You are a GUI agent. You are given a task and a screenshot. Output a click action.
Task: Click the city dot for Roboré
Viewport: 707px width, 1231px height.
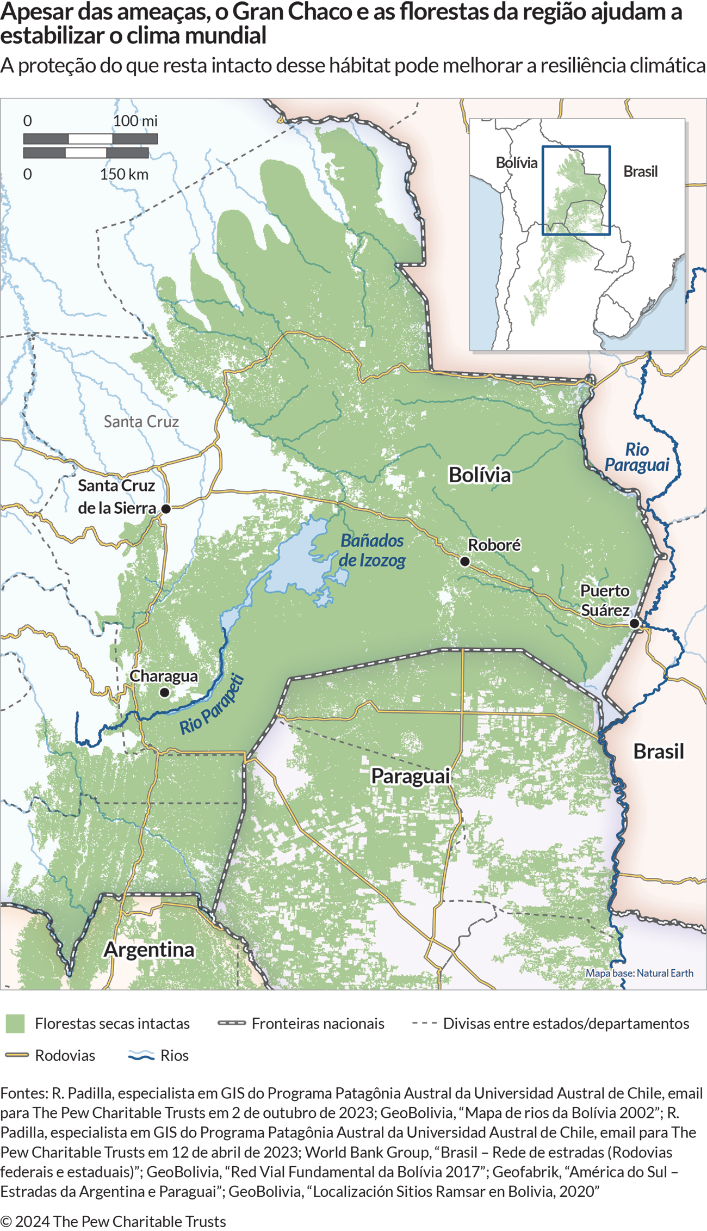click(464, 561)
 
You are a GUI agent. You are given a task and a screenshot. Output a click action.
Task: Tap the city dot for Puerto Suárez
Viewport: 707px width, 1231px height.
click(634, 624)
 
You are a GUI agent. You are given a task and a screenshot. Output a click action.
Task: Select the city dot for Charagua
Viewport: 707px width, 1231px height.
click(164, 693)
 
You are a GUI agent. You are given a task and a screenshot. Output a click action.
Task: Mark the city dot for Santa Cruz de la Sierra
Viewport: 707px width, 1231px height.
click(166, 508)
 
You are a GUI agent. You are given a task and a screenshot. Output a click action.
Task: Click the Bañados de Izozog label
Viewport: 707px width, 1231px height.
click(372, 550)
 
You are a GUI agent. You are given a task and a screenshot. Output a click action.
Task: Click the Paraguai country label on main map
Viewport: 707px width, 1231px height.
click(411, 775)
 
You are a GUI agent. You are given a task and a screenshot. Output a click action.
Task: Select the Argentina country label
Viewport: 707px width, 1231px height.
click(149, 949)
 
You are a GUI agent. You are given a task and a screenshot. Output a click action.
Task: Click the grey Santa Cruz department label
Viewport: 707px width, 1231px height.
click(141, 421)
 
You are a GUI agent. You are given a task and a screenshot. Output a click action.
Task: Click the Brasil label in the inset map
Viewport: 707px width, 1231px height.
click(640, 171)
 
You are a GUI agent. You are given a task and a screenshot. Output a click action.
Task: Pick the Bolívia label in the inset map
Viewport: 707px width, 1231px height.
click(516, 163)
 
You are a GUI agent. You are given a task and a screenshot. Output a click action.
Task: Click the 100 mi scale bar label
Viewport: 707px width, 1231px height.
click(135, 121)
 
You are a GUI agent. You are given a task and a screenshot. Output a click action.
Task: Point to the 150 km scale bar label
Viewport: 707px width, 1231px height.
click(124, 174)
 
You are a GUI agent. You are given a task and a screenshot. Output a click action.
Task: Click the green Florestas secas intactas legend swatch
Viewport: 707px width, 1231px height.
click(15, 1023)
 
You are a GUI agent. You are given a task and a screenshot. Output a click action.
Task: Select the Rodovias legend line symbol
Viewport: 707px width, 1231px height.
click(16, 1055)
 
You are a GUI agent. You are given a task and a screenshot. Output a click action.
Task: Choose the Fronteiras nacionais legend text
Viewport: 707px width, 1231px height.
click(318, 1023)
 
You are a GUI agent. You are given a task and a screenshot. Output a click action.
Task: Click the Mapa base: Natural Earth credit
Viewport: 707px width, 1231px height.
click(639, 973)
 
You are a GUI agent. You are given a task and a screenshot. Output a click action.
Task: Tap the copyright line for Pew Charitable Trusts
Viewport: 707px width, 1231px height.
click(113, 1221)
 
